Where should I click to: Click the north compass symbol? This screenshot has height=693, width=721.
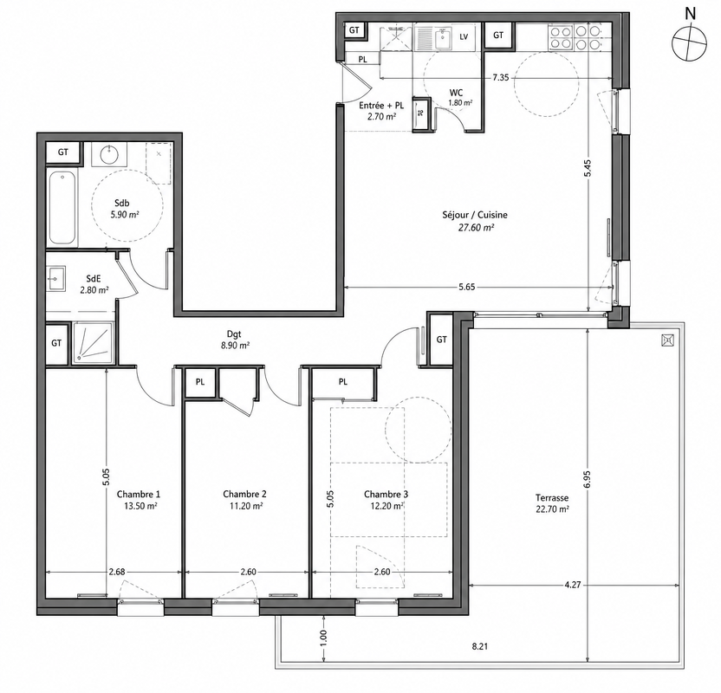tap(689, 43)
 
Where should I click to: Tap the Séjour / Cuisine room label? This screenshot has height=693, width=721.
tap(475, 215)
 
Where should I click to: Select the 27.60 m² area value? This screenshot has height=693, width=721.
tap(476, 227)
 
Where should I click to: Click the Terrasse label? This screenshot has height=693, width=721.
tap(552, 498)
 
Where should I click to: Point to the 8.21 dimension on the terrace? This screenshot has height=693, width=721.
tap(479, 646)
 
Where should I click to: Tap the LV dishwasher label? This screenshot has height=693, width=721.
tap(464, 36)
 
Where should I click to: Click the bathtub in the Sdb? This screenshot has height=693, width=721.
tap(62, 208)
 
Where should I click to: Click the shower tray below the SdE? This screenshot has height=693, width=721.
tap(93, 342)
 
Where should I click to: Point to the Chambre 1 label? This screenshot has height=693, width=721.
tap(139, 495)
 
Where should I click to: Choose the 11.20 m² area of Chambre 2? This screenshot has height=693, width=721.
tap(245, 506)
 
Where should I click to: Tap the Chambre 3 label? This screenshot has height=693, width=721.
tap(386, 495)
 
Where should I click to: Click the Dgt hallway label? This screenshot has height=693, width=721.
tap(234, 334)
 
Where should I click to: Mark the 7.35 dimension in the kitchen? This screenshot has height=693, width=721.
tap(501, 78)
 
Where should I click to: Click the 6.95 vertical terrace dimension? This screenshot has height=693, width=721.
tap(588, 480)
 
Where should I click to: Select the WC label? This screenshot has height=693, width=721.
tap(456, 93)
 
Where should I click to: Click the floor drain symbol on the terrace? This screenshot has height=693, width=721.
tap(667, 340)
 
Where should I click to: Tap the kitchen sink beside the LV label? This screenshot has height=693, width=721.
tap(444, 37)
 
